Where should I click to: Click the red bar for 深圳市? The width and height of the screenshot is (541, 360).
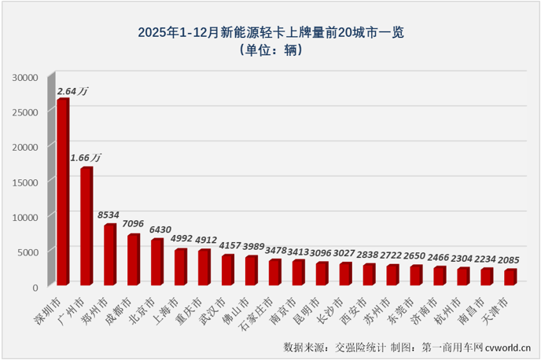(62, 193)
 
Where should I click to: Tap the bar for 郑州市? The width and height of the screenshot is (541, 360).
(109, 255)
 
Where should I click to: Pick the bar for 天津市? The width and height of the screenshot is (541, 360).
(510, 277)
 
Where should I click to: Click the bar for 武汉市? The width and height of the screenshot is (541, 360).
(227, 270)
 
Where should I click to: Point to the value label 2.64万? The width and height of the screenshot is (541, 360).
(72, 91)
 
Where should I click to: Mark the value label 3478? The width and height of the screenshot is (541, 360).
(275, 250)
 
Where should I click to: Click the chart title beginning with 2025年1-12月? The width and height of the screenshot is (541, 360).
(270, 32)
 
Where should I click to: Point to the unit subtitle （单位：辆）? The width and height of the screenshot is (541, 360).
(270, 50)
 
